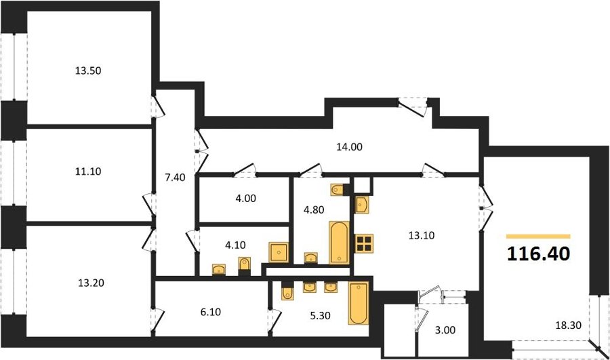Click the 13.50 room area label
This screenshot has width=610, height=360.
tap(88, 71)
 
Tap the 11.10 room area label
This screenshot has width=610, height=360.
tap(88, 172)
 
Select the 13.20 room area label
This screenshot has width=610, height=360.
tap(91, 283)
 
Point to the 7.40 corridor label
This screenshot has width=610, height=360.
tap(175, 178)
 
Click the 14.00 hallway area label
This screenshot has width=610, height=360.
tap(349, 147)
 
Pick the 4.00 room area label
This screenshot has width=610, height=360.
tap(246, 199)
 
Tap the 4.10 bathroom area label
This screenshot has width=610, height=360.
tap(235, 245)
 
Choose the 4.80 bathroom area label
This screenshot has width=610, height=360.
tap(314, 209)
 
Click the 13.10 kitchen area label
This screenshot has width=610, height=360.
tap(422, 235)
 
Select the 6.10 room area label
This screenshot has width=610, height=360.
tap(211, 312)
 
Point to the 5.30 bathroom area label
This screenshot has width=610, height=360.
tap(320, 316)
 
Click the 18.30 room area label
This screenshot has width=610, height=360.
tap(569, 325)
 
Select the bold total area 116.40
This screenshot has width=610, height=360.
tap(539, 254)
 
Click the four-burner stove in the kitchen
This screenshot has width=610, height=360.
tap(364, 243)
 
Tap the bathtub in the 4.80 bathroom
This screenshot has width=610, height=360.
tap(340, 243)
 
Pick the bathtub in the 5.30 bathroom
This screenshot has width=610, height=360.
tap(359, 303)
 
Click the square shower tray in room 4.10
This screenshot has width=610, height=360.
tap(279, 252)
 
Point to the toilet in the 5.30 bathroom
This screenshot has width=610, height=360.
tap(287, 293)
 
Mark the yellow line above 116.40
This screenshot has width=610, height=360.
tap(538, 236)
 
